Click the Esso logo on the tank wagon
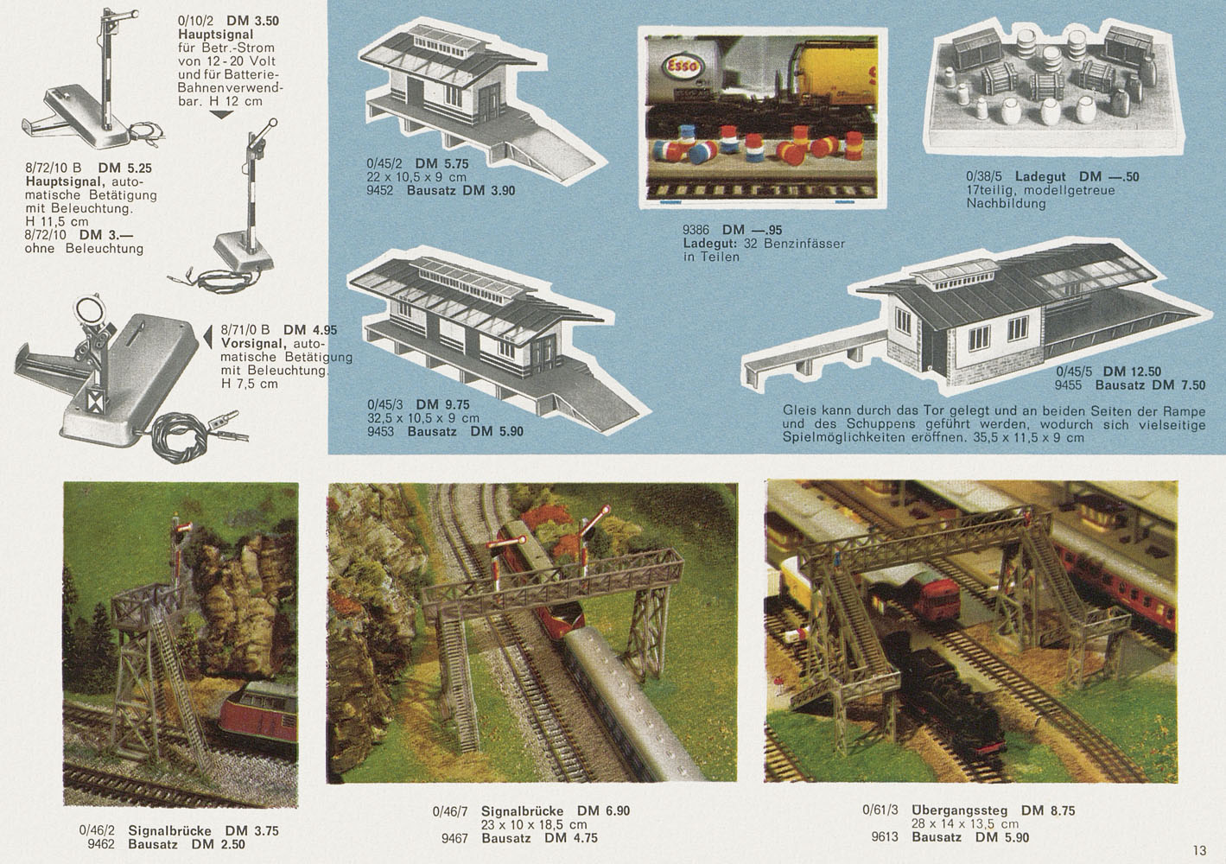point(681,67)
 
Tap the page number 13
point(1199,850)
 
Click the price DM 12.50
point(1132,372)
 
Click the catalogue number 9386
point(696,230)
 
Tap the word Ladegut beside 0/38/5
point(1040,177)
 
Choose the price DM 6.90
point(603,810)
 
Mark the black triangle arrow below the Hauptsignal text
point(222,114)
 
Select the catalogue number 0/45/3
point(384,405)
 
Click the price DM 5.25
point(124,168)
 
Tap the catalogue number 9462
point(101,844)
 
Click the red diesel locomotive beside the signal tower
point(261,717)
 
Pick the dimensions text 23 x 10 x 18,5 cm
point(534,824)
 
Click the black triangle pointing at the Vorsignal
point(207,337)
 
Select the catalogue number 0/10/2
point(195,21)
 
